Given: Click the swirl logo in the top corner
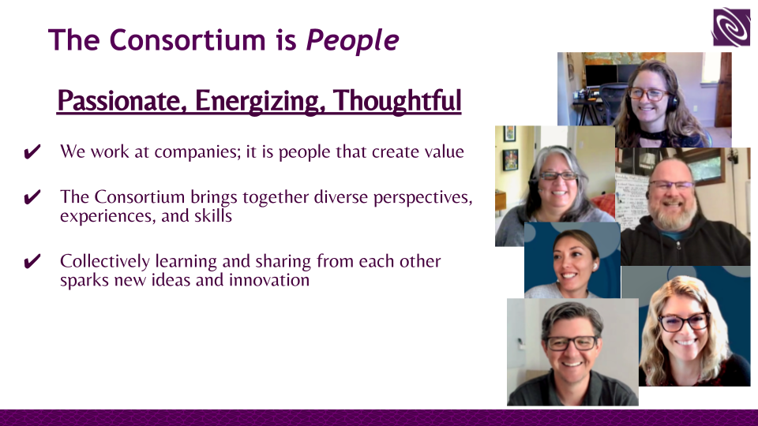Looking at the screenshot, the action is click(x=731, y=27).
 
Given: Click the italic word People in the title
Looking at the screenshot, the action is click(x=352, y=40).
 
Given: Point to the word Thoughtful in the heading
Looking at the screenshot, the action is click(x=397, y=100).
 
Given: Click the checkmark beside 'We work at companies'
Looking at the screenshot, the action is click(x=32, y=152).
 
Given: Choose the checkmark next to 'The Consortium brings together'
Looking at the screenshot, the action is click(x=32, y=197).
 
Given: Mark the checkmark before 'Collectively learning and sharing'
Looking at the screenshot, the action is click(x=32, y=261).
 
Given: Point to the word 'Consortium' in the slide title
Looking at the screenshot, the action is click(x=188, y=40).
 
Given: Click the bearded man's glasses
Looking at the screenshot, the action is click(x=671, y=185).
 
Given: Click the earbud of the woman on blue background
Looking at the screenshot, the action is click(x=595, y=266).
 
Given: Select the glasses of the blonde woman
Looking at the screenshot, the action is click(x=684, y=322).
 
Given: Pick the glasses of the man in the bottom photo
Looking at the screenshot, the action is click(x=572, y=343).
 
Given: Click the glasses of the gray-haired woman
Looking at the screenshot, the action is click(x=558, y=176).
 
